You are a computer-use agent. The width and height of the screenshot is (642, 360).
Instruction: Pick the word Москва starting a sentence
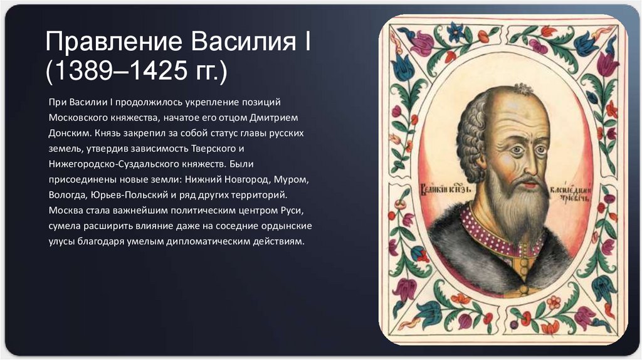point(65,211)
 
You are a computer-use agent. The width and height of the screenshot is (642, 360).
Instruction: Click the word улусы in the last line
point(61,241)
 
